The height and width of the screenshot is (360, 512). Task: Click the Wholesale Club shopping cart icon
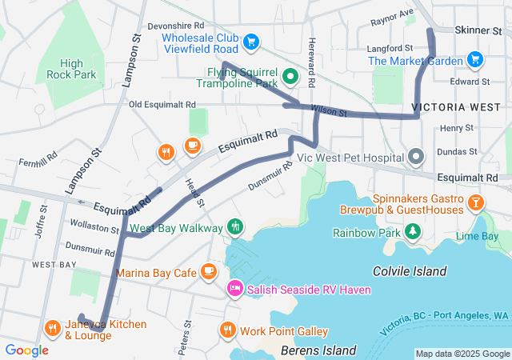point(251,41)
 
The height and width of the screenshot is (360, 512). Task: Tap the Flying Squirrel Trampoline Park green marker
point(291,78)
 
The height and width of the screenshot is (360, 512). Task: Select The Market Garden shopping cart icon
point(475,59)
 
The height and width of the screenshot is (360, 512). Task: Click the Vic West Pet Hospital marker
point(415,158)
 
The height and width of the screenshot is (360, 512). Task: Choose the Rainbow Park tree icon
point(413,233)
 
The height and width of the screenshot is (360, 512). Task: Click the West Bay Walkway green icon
point(234,227)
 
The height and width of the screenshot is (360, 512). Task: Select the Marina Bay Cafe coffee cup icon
point(209,271)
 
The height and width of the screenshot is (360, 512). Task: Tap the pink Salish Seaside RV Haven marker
point(235,288)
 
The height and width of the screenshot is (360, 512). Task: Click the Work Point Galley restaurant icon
point(227,330)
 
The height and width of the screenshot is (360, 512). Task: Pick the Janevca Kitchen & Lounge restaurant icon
point(53,328)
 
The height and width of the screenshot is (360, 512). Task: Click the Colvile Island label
point(410,272)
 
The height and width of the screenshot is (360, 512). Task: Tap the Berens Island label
point(318,350)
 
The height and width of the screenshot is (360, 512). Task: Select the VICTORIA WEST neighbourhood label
point(450,106)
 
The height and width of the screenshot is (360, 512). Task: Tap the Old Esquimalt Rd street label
point(162,105)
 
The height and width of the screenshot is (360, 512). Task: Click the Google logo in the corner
point(26,350)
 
